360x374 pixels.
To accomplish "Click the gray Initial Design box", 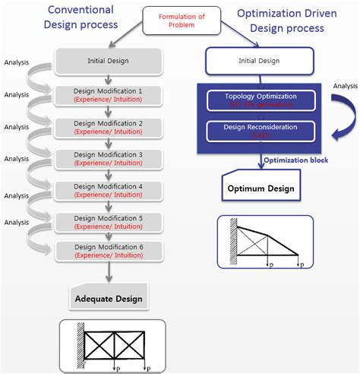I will point(108,60).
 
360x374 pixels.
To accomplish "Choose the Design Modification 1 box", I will point(108,95).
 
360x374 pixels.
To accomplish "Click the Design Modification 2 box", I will point(108,127).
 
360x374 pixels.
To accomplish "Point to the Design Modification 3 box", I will point(108,159).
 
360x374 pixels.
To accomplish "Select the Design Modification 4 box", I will point(108,191).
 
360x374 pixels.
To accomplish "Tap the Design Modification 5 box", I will point(108,222).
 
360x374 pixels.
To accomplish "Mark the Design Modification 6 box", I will point(108,252).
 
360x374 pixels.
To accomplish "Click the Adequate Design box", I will point(109,299).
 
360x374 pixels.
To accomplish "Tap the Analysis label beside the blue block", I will point(343,87).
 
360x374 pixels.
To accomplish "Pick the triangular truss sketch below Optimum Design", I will point(266,242).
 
